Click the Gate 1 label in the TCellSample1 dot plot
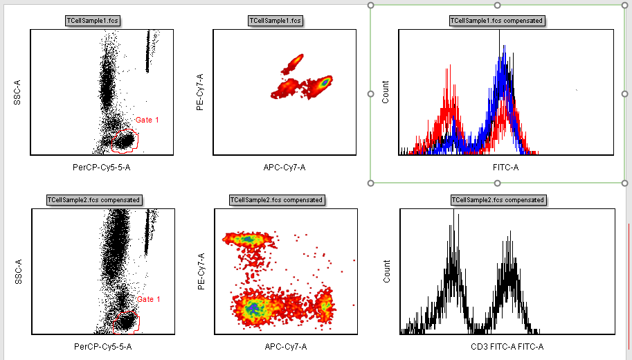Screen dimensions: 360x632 coord(147,120)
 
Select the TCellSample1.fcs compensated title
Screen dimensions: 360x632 coord(497,21)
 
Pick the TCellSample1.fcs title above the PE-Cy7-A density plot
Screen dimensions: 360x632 coord(276,21)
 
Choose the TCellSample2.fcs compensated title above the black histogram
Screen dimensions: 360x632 coord(498,200)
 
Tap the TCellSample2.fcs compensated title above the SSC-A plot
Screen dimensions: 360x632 coord(94,200)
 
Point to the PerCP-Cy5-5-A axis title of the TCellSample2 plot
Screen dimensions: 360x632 coord(102,346)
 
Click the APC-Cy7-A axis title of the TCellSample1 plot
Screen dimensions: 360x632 coord(285,167)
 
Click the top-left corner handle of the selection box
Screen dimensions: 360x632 coord(371,6)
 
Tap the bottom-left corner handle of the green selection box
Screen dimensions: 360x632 coord(371,183)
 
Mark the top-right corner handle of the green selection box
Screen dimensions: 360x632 coord(625,6)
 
